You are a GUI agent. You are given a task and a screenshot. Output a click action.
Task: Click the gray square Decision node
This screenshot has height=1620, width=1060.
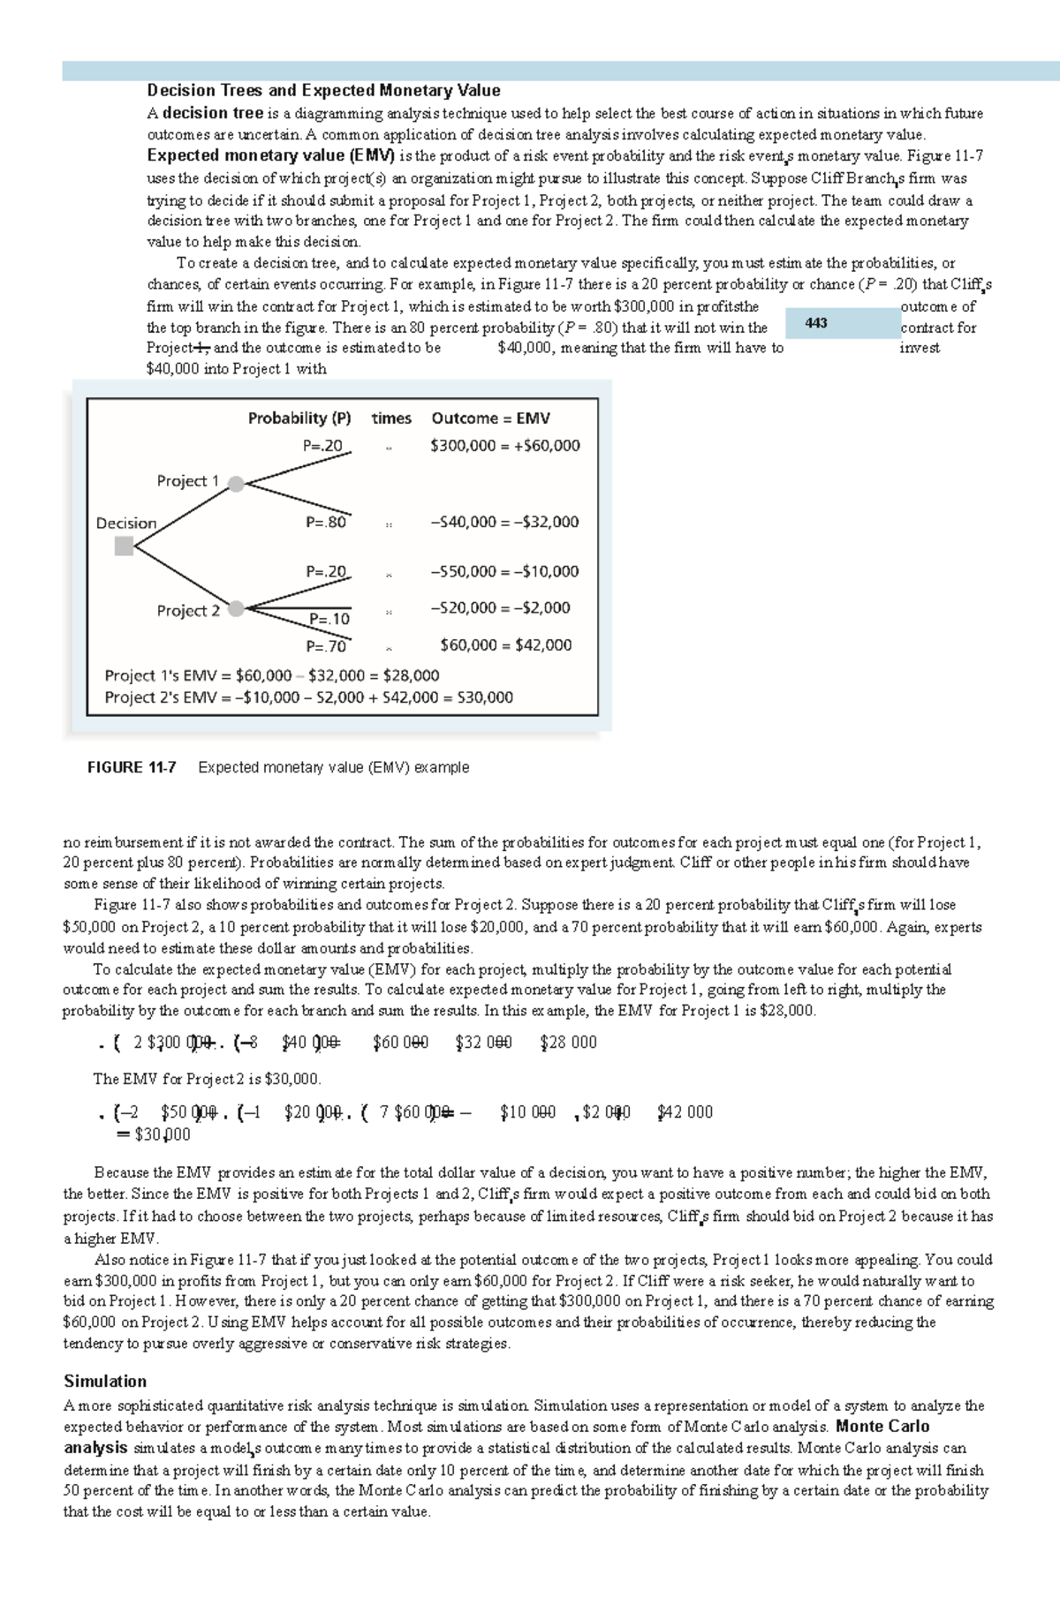[x=125, y=546]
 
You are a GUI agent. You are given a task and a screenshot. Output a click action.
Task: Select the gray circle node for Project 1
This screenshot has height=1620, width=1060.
[x=236, y=483]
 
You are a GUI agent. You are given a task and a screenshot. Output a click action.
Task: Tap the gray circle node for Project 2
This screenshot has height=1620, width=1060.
[x=236, y=608]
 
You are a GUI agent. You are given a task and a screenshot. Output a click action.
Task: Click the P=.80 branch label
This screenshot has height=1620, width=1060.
[x=326, y=522]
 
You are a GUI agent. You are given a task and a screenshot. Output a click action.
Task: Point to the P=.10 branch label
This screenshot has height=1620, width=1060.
[x=329, y=619]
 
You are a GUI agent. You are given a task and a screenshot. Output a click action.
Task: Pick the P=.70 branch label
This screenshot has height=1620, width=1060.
[x=326, y=646]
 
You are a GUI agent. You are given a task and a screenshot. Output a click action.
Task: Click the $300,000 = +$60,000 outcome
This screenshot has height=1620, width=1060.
[x=504, y=446]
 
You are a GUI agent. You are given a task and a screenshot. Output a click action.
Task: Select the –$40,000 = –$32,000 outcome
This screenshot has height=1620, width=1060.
[x=504, y=522]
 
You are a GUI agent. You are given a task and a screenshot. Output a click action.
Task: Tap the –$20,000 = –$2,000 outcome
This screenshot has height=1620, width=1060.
[x=500, y=607]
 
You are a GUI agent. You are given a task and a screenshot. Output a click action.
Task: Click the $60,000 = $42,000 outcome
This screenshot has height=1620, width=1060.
[x=505, y=645]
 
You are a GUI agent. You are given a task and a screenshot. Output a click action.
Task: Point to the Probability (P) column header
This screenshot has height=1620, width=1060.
[x=299, y=418]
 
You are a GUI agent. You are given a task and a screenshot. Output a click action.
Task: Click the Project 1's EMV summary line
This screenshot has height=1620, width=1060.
[x=271, y=675]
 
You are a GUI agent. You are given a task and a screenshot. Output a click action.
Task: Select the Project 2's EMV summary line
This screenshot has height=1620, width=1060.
[x=308, y=697]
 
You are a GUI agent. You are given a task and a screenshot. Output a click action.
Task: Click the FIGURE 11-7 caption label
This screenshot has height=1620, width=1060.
[x=132, y=767]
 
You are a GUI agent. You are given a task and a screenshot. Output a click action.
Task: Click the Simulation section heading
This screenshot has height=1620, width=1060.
[x=105, y=1382]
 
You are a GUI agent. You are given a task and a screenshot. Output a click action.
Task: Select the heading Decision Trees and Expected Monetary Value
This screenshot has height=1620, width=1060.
[x=323, y=90]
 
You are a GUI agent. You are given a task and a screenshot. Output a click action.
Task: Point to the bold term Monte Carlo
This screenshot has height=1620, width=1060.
[x=882, y=1427]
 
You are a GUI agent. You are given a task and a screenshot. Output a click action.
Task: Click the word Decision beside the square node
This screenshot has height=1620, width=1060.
[x=125, y=524]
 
